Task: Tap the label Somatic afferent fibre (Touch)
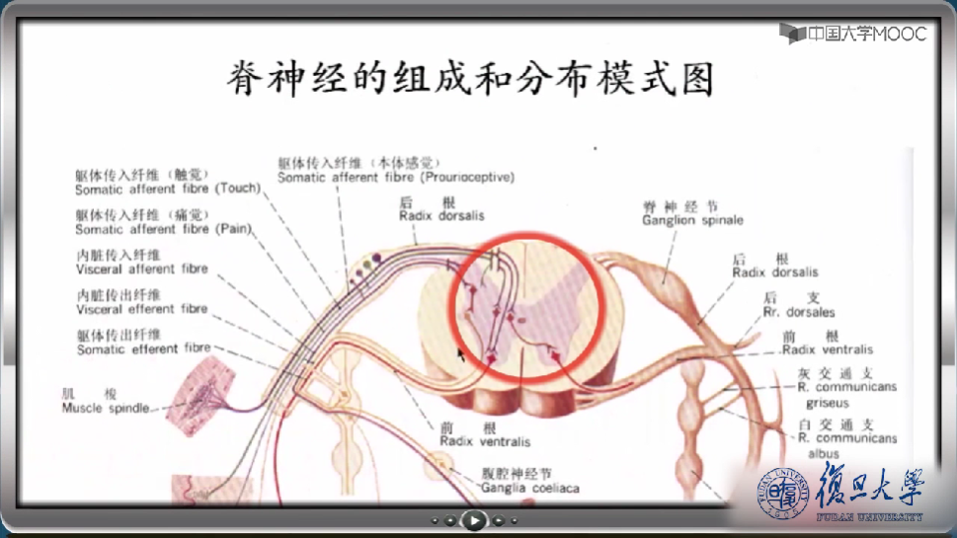point(167,189)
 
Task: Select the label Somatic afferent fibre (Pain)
point(163,229)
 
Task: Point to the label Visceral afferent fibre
point(141,269)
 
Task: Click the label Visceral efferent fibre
point(141,309)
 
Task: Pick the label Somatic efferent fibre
point(142,348)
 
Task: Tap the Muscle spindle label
point(106,408)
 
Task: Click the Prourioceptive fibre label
point(395,178)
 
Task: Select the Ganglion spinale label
point(692,220)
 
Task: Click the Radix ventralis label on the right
point(827,349)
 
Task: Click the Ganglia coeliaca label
point(529,488)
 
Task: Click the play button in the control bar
point(475,519)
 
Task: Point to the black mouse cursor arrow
point(460,352)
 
